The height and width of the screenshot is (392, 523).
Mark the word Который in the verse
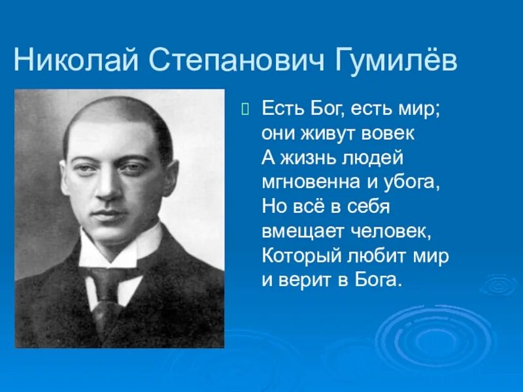[295, 256]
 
